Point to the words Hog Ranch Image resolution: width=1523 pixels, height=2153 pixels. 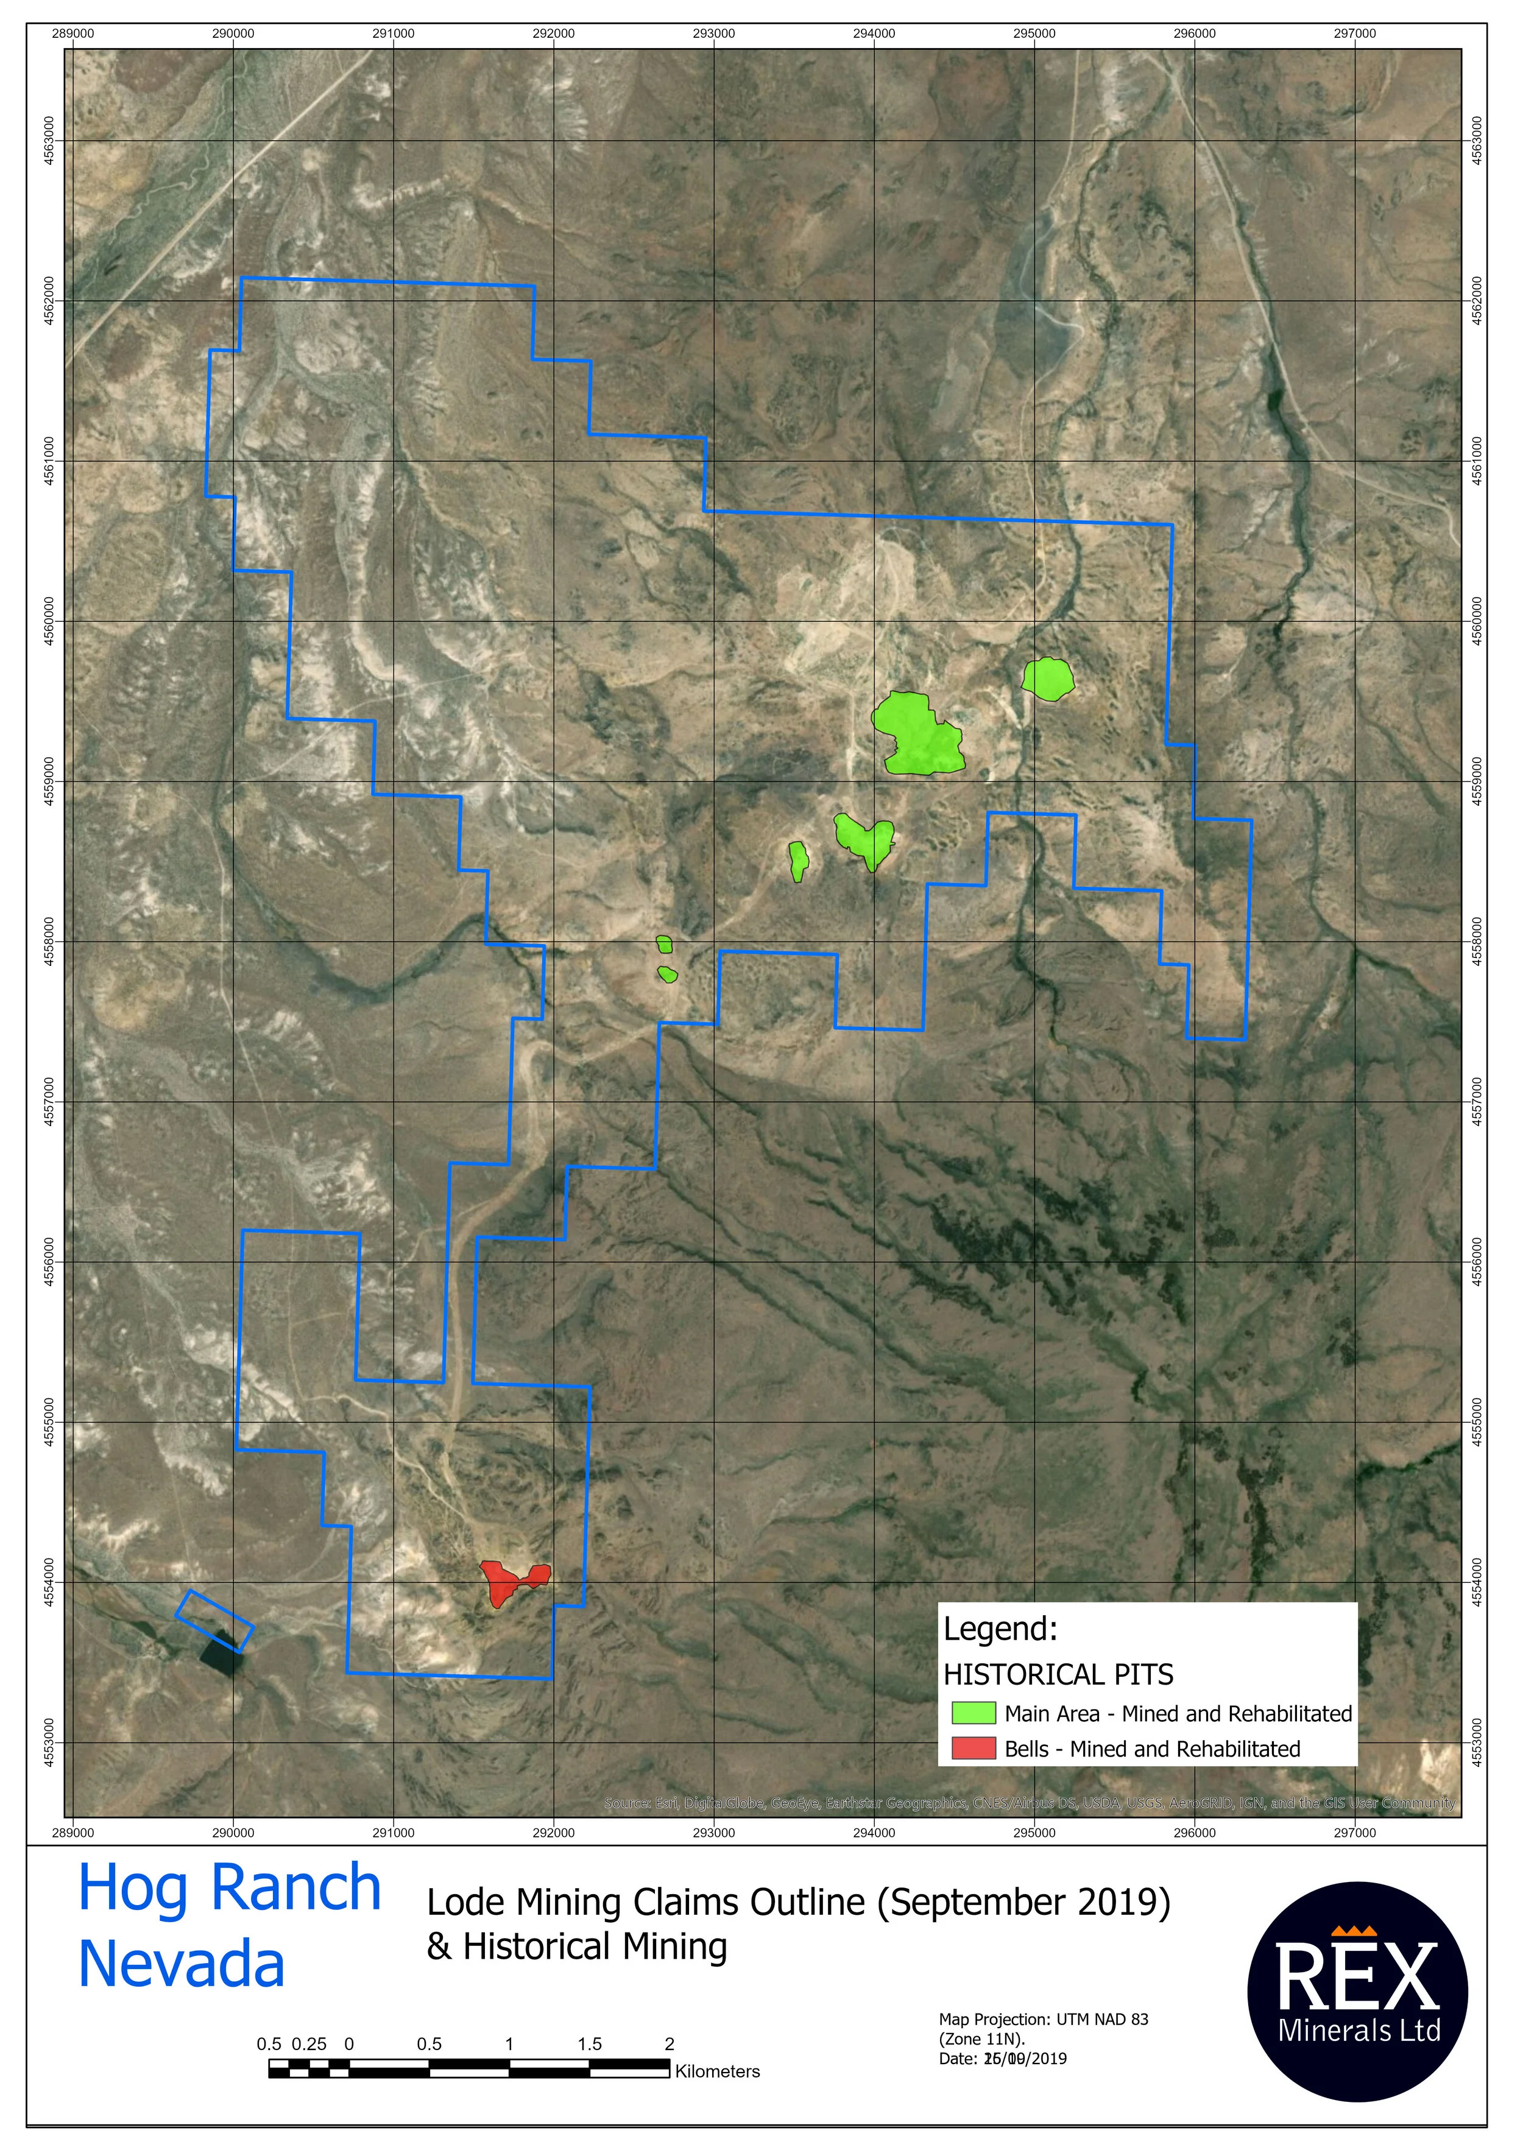229,1887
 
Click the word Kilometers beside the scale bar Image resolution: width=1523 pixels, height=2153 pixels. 718,2071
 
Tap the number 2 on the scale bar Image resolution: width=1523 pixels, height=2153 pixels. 669,2044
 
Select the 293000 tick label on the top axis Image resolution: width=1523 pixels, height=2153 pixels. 713,33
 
